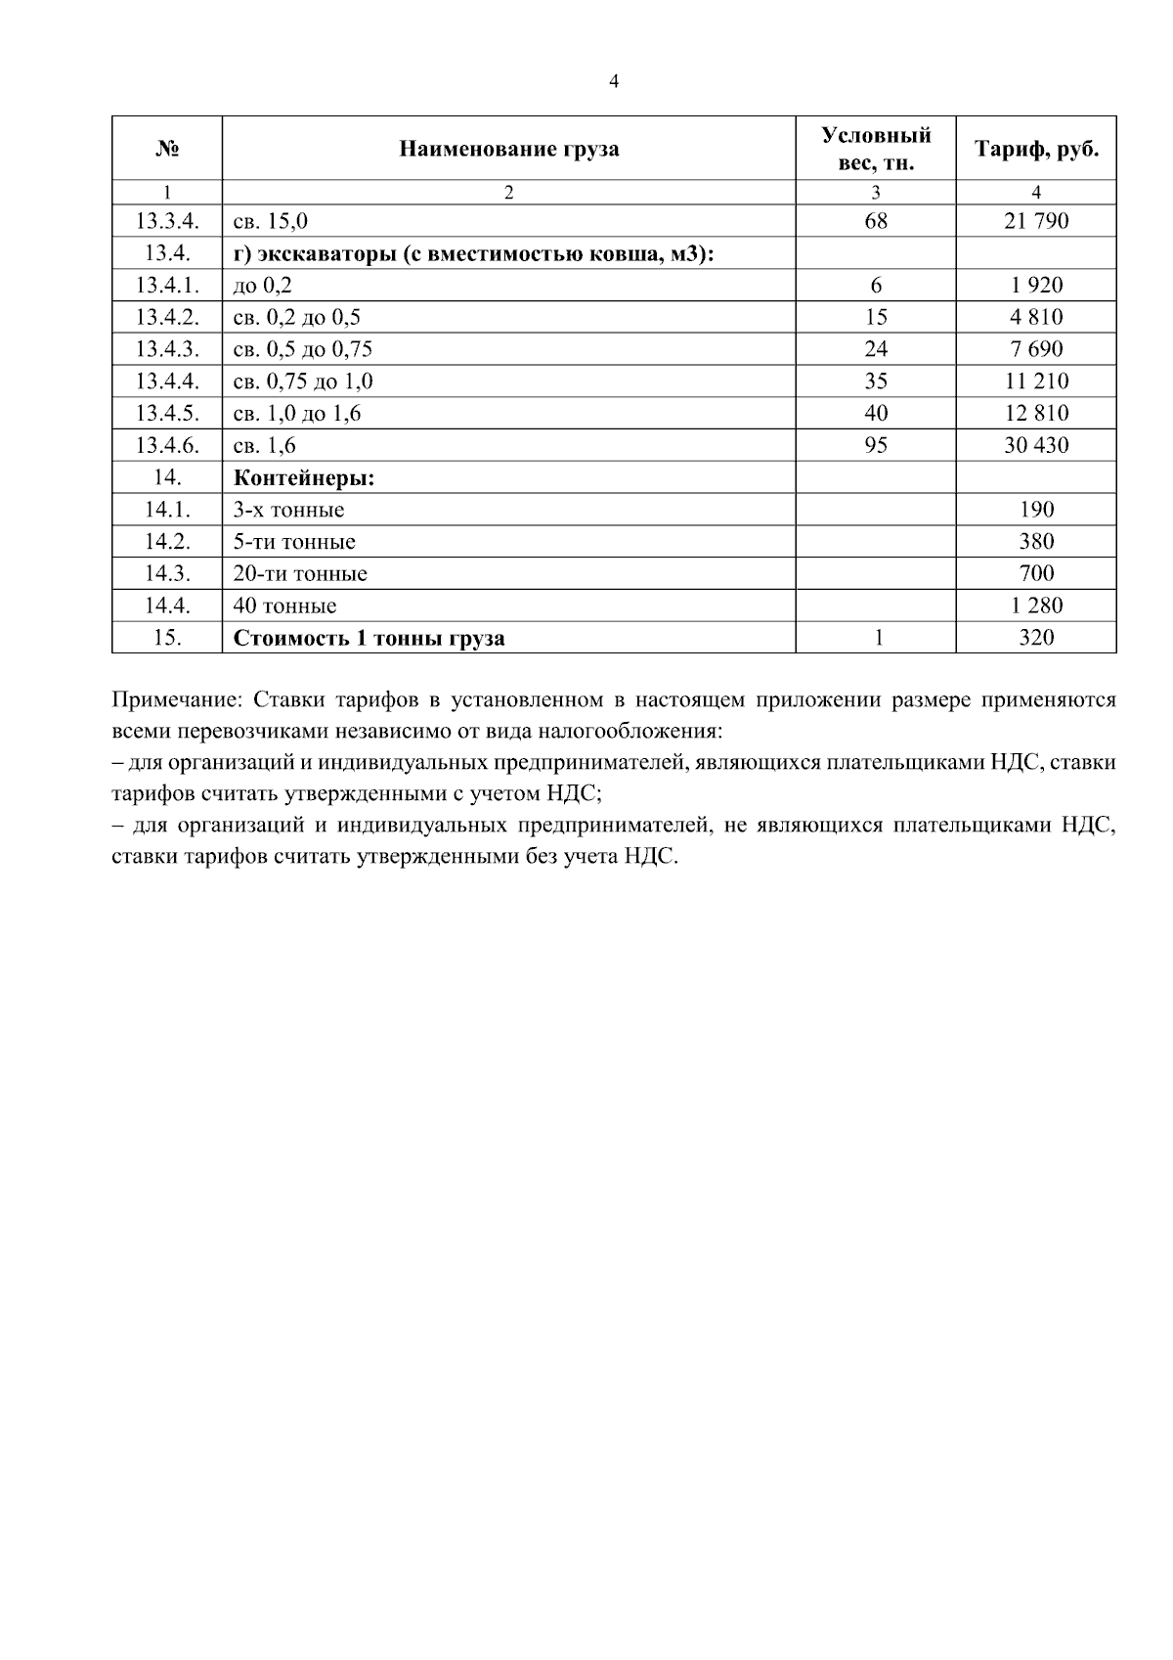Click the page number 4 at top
[614, 83]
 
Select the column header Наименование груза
[508, 150]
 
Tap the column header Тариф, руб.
[1035, 150]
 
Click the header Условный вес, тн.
[876, 150]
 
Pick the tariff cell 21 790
[1035, 221]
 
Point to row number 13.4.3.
[167, 349]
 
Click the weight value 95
[876, 446]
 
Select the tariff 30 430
[1035, 446]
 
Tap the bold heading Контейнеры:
[304, 478]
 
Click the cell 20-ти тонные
[299, 574]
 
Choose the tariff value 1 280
[1035, 606]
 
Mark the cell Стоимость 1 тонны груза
[369, 639]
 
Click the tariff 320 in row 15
[1035, 639]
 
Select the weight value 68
[876, 221]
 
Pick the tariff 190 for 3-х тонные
[1035, 510]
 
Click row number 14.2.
[167, 542]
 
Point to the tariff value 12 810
[1035, 414]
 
